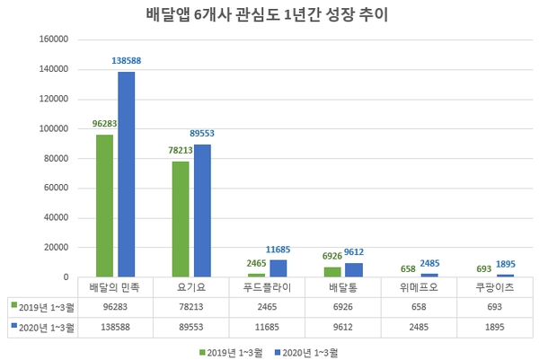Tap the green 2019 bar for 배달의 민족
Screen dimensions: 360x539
(x=105, y=206)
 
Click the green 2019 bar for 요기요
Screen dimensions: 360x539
(x=181, y=219)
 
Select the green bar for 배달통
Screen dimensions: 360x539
(x=332, y=272)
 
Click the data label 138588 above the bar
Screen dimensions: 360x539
(x=128, y=60)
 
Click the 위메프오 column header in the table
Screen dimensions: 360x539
(x=418, y=287)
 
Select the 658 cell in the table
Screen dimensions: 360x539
(x=418, y=305)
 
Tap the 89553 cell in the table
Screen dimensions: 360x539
(x=191, y=325)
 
